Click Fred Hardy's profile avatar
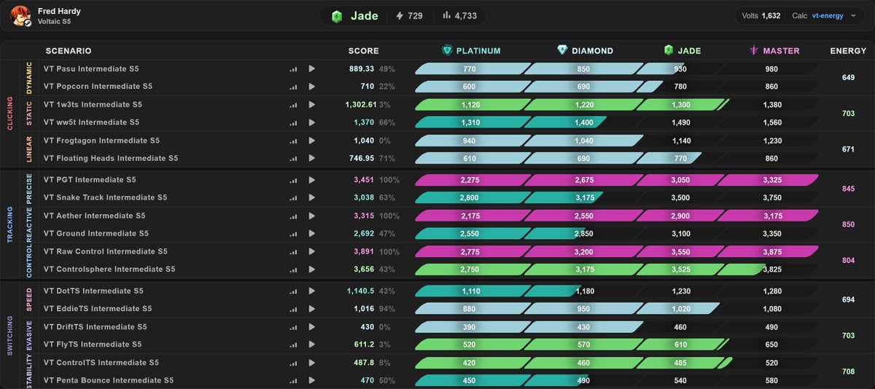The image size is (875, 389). click(20, 15)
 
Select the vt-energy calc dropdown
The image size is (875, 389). click(833, 15)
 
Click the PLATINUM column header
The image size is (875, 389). click(471, 51)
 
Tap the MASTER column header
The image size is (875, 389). click(775, 51)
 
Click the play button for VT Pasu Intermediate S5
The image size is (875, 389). click(312, 68)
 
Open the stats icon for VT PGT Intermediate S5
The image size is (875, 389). click(293, 180)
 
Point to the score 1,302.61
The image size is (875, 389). click(360, 105)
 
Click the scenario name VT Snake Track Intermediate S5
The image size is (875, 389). click(105, 197)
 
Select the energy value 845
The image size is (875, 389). click(848, 189)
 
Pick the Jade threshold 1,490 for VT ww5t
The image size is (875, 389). click(680, 122)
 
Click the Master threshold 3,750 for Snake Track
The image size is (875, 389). click(772, 198)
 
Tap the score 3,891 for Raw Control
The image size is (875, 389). click(364, 251)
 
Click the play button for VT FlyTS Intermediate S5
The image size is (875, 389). click(312, 344)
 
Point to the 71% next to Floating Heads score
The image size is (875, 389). click(386, 158)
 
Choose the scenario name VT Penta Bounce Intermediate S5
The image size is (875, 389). click(108, 380)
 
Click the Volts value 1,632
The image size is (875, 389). click(771, 15)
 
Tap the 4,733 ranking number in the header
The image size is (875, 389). click(466, 15)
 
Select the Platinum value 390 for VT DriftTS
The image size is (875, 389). click(469, 327)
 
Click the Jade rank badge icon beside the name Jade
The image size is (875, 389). click(337, 16)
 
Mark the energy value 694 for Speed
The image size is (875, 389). click(848, 299)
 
